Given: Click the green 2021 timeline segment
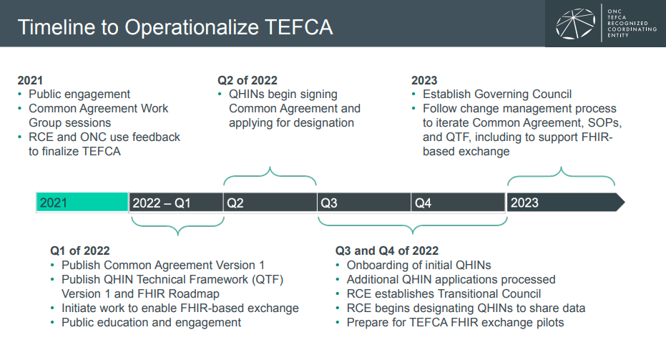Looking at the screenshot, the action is click(x=82, y=203).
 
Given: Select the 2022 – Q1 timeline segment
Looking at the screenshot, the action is click(x=176, y=203).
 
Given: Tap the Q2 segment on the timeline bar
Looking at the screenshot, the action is click(x=270, y=203).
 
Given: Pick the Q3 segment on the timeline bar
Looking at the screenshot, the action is click(x=364, y=203).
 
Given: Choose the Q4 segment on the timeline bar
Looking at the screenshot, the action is click(x=458, y=203).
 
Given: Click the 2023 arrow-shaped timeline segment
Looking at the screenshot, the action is click(x=566, y=203).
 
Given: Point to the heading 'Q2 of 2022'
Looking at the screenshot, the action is click(x=248, y=80).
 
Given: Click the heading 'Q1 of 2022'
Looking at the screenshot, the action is click(x=80, y=250).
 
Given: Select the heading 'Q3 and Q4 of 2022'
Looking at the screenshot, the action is click(x=387, y=250).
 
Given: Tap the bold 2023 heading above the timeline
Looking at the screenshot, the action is click(x=424, y=80).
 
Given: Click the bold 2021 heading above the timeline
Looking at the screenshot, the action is click(x=30, y=80).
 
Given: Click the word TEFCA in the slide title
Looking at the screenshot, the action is click(x=298, y=27).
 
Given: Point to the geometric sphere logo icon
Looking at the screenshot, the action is click(x=576, y=24).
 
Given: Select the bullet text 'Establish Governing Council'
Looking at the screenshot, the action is click(x=497, y=94).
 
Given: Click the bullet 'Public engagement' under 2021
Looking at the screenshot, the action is click(x=79, y=94).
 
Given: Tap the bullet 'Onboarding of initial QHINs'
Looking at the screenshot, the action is click(x=418, y=266).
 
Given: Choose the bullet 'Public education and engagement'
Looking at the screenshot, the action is click(x=151, y=323).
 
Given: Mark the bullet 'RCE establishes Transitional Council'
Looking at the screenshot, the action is click(x=444, y=293).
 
